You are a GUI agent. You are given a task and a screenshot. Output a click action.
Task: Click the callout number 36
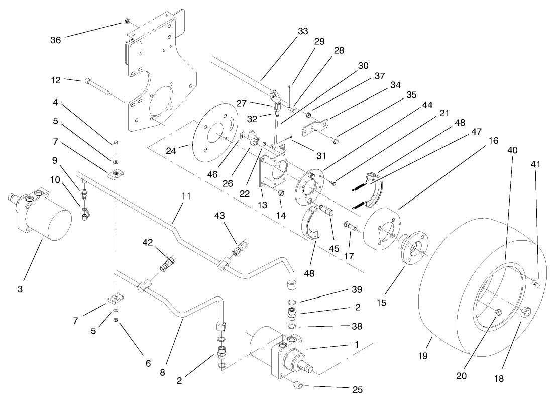pyautogui.click(x=55, y=40)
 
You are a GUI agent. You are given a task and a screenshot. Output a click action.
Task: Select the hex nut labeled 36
pyautogui.click(x=127, y=22)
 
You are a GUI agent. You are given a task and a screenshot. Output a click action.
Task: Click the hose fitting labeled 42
pyautogui.click(x=167, y=263)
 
